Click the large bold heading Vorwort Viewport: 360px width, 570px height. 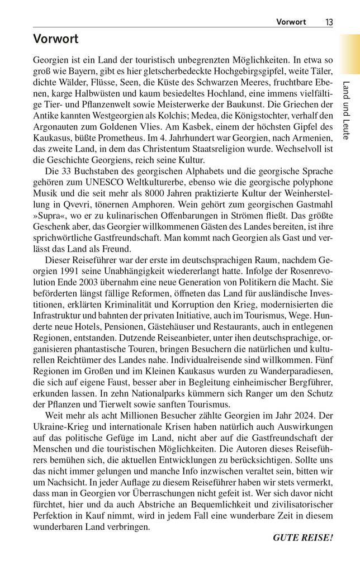point(55,39)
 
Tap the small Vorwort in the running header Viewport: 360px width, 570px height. point(291,22)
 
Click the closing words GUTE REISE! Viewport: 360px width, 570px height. point(302,538)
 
